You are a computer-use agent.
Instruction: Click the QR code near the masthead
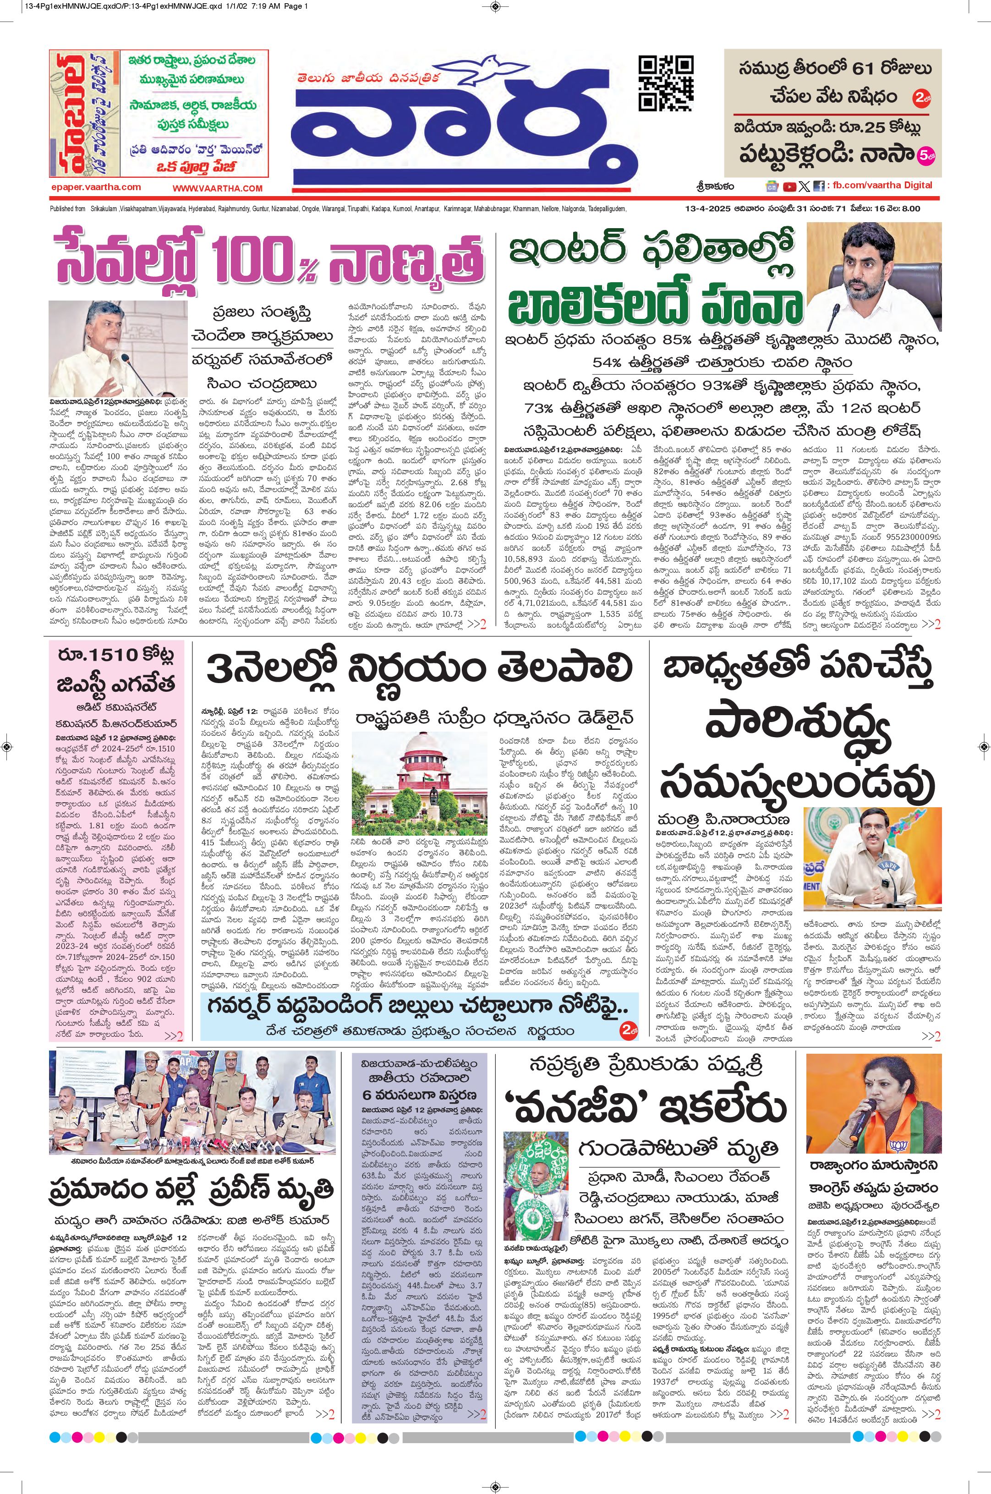coord(666,83)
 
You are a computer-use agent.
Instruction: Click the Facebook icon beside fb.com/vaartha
coord(818,186)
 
